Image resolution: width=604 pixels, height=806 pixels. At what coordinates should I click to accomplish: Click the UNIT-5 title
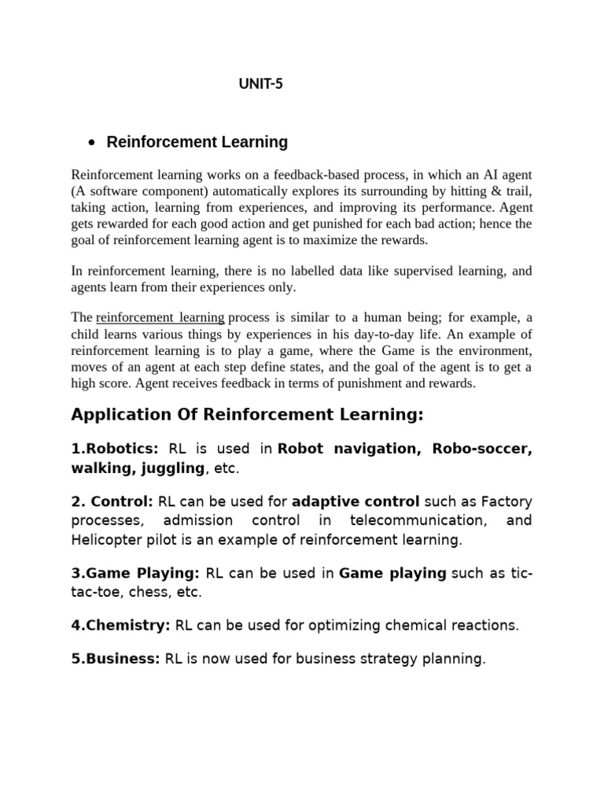pos(260,85)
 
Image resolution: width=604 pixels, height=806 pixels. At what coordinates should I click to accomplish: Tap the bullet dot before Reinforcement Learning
pos(92,143)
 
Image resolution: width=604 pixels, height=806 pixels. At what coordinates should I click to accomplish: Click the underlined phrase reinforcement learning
pos(160,317)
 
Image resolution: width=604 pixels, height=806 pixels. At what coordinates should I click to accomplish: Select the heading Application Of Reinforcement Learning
pos(247,415)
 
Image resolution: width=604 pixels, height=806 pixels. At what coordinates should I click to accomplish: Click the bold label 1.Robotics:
pos(115,449)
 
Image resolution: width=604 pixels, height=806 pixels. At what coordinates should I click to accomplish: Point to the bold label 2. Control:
pos(112,501)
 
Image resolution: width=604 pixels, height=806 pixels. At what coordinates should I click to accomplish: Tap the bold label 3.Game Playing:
pos(135,574)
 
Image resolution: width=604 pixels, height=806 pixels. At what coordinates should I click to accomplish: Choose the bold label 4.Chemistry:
pos(120,626)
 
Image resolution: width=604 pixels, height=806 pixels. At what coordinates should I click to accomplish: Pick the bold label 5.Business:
pos(116,659)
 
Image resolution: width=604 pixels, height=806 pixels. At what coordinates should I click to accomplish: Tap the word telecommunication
pos(417,520)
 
